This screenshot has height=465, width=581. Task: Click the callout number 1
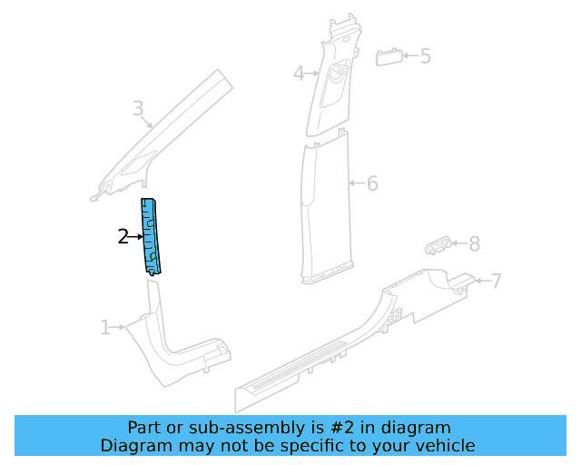pyautogui.click(x=105, y=327)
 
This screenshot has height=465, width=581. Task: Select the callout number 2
pyautogui.click(x=123, y=237)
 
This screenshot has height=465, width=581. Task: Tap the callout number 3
pyautogui.click(x=138, y=110)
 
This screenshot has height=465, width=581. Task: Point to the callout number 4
pyautogui.click(x=299, y=74)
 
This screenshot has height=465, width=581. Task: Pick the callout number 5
pyautogui.click(x=425, y=56)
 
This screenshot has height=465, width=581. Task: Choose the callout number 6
pyautogui.click(x=371, y=183)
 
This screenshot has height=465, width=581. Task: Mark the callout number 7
pyautogui.click(x=496, y=281)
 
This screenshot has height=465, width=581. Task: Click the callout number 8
pyautogui.click(x=474, y=243)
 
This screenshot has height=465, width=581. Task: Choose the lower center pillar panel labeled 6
pyautogui.click(x=325, y=209)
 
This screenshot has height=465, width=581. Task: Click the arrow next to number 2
pyautogui.click(x=136, y=237)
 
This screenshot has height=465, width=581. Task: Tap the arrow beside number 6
pyautogui.click(x=355, y=183)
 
